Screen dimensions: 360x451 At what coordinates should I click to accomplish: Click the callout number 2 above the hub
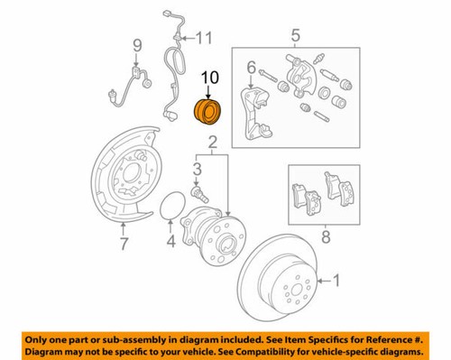(212, 143)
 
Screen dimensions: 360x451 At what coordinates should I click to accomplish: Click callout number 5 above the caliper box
(293, 36)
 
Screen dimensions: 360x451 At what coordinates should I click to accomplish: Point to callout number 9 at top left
(138, 45)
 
